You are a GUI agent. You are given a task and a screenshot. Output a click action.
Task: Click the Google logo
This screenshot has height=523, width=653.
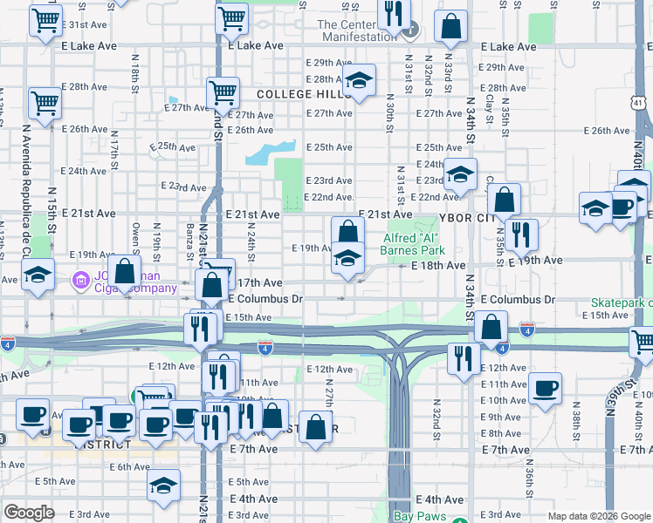pos(29,513)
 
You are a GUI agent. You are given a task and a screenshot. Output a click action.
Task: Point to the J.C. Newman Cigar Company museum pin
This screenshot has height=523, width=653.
pos(81,281)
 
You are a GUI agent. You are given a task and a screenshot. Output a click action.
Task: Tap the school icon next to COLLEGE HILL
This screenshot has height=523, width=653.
pos(358,82)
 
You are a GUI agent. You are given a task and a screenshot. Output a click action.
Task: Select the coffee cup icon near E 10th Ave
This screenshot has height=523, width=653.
pos(545,388)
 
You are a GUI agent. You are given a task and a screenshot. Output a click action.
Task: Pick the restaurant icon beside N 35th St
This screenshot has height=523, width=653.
pos(521,234)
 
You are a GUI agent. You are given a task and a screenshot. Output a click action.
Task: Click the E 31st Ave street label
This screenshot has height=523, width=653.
pos(86,24)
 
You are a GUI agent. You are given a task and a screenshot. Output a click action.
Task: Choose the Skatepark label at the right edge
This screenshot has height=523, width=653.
pos(623,301)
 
